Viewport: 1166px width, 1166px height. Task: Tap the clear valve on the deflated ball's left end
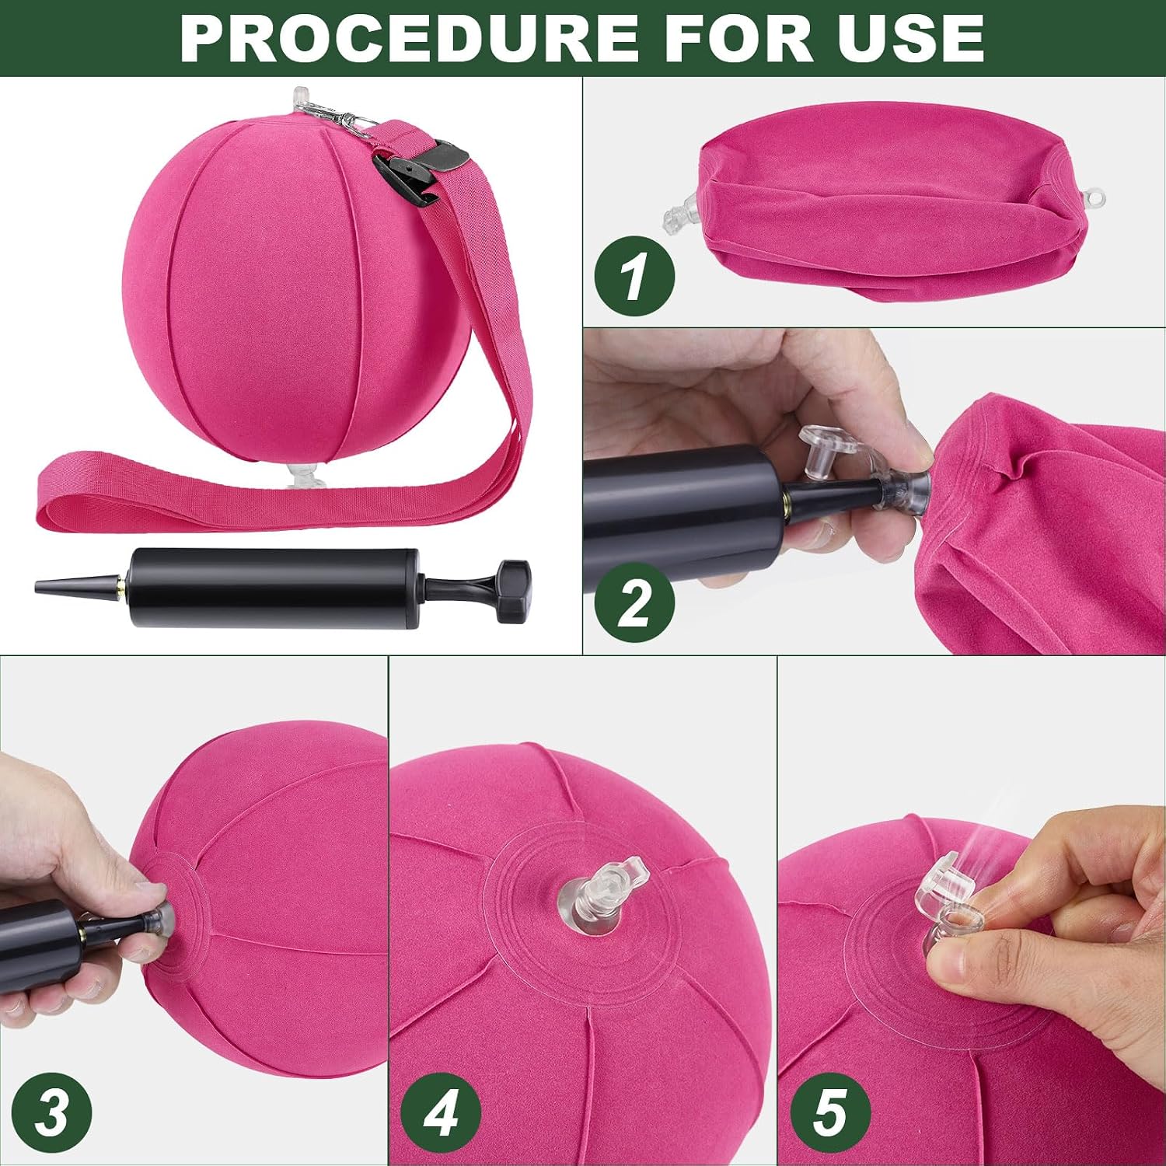pos(681,209)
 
